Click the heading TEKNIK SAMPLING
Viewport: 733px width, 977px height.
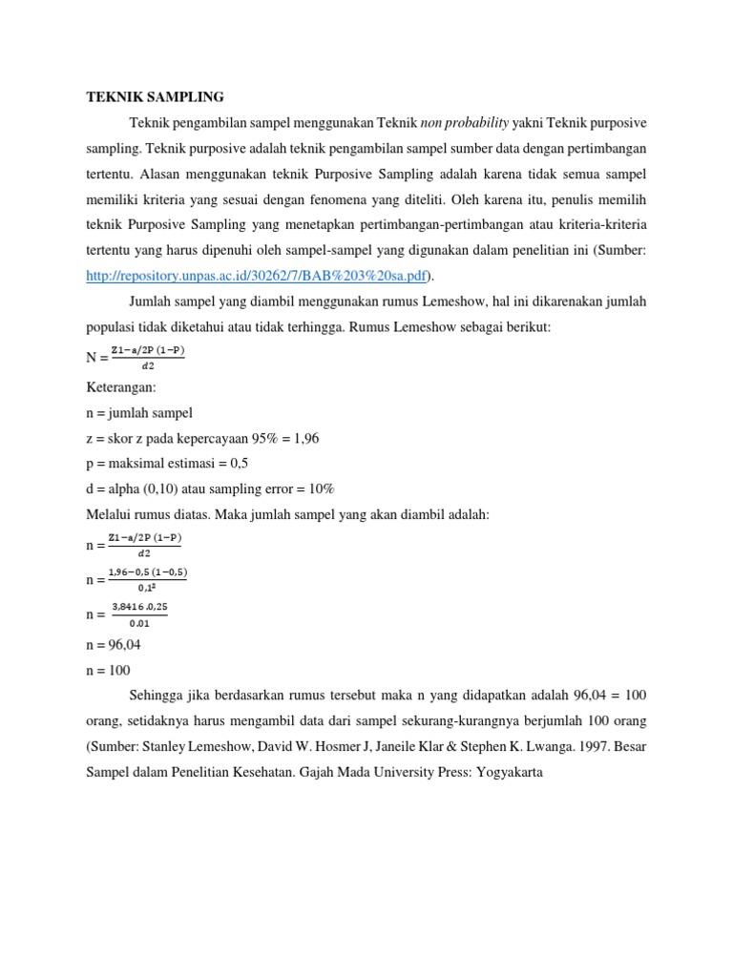155,97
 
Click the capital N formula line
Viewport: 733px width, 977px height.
136,357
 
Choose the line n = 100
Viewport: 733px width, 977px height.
109,670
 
